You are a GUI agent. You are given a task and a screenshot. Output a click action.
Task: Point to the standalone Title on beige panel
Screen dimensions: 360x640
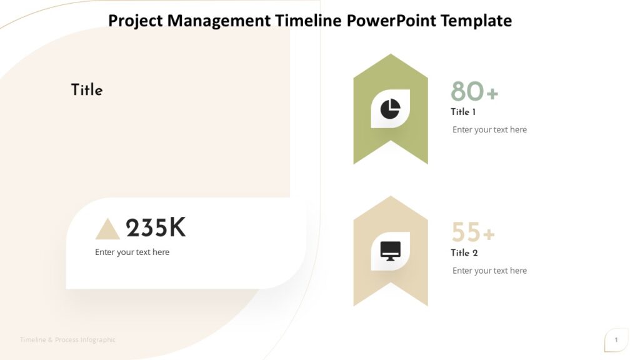[x=87, y=90]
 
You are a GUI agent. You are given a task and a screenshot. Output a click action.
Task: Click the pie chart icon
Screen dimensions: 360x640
[x=391, y=108]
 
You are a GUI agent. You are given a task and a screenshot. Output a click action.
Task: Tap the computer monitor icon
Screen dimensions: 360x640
[x=391, y=251]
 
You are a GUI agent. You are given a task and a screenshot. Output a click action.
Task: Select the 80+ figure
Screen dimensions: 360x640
[x=474, y=92]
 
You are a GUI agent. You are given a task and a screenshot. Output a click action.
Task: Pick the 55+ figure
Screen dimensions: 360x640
[x=473, y=232]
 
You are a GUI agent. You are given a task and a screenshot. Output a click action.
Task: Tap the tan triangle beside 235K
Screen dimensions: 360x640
[x=107, y=229]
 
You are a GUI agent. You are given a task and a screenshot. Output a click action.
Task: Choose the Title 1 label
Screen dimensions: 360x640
[x=463, y=112]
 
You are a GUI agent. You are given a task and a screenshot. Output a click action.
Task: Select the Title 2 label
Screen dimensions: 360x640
[x=464, y=253]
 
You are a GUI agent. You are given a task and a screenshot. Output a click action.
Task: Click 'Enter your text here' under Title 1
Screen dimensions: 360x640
[x=489, y=130]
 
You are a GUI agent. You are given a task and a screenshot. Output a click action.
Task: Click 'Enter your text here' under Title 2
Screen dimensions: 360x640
[x=489, y=271]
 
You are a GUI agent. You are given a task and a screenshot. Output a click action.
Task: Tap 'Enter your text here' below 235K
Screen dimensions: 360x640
[x=132, y=252]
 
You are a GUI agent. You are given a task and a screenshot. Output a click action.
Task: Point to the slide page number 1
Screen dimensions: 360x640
[x=616, y=340]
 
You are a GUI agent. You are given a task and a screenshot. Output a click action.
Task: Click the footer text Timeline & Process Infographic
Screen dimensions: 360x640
[x=67, y=340]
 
